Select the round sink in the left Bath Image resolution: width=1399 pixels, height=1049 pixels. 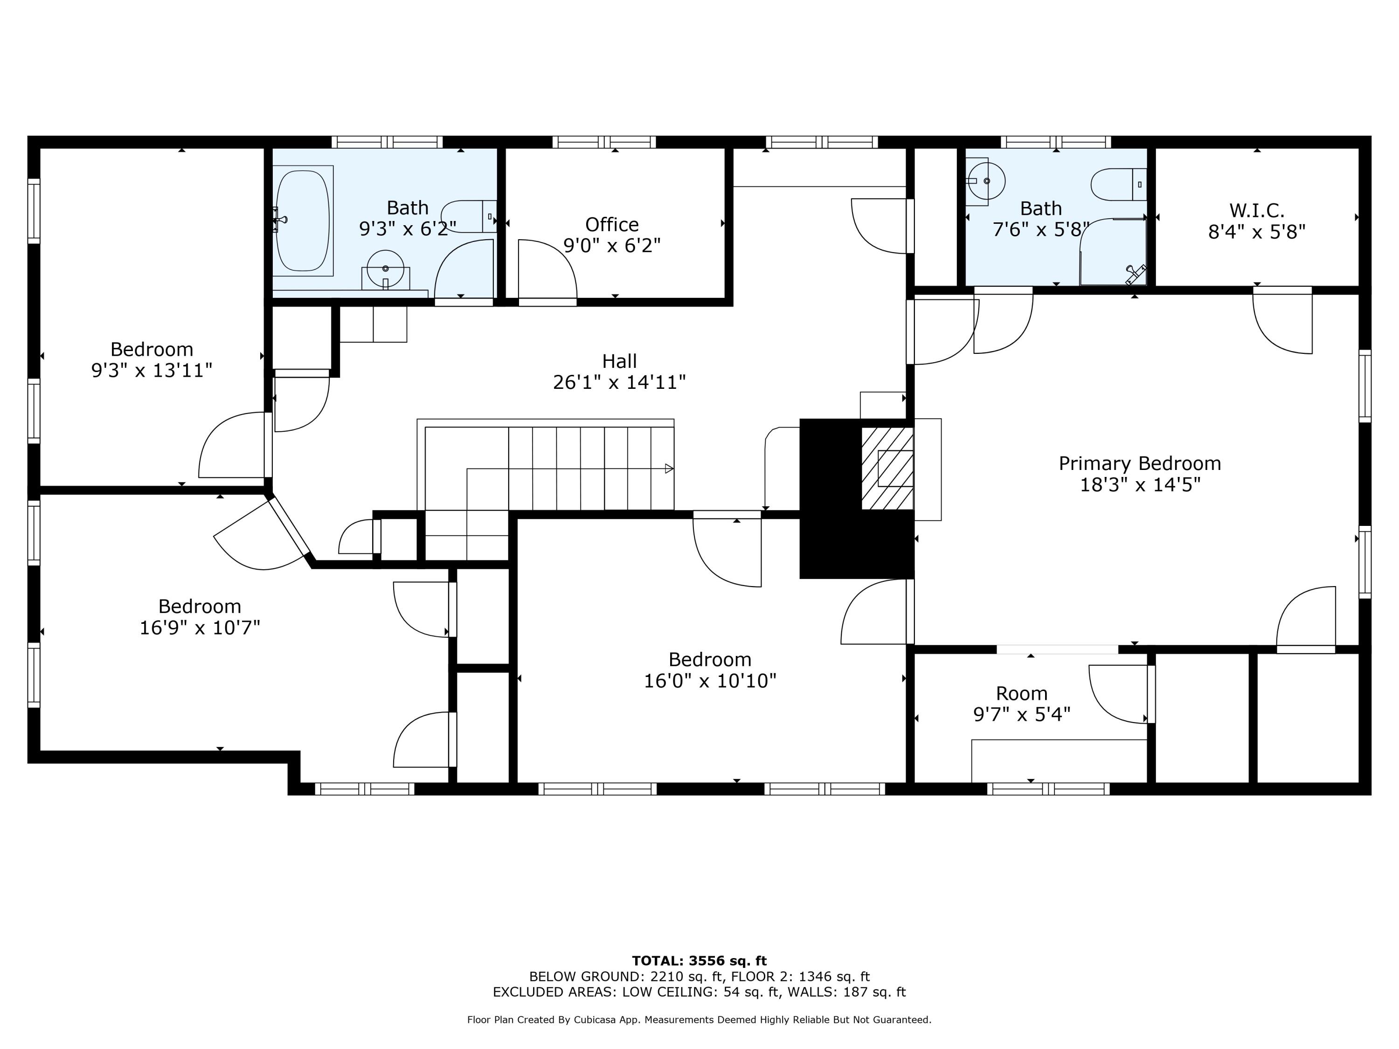click(385, 269)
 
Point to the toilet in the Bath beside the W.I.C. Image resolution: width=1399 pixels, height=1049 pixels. click(1118, 184)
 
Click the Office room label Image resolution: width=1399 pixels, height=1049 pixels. click(611, 224)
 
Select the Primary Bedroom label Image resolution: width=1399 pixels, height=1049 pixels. click(1140, 463)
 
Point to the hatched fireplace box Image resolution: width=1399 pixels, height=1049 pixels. click(886, 468)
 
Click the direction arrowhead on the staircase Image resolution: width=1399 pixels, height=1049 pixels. click(669, 469)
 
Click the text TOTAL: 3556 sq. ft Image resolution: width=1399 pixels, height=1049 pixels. click(699, 961)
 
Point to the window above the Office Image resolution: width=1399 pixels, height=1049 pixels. click(603, 142)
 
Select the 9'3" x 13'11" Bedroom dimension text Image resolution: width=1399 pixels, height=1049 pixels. click(152, 371)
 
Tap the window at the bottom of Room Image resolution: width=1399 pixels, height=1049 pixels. click(1047, 788)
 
